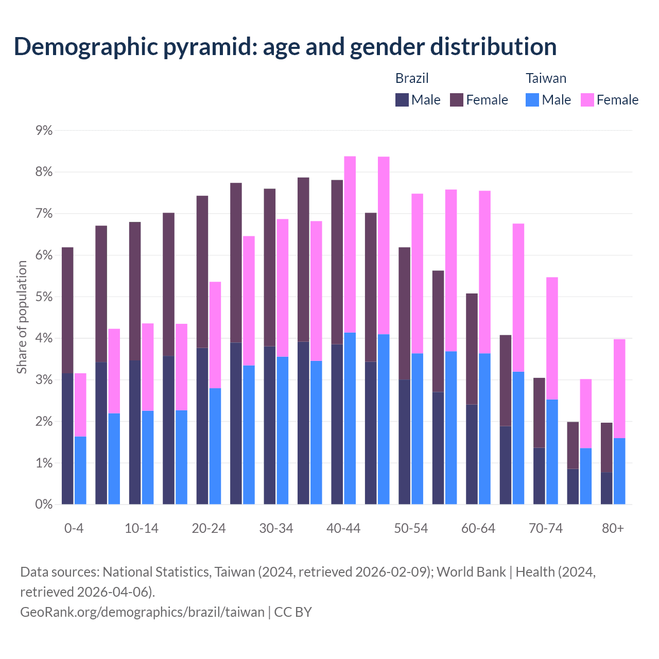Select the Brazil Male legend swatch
[402, 100]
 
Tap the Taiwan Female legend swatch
[587, 100]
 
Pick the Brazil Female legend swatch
[457, 100]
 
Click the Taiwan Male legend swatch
[532, 100]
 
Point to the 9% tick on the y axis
[44, 130]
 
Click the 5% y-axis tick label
[44, 297]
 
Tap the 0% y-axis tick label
[44, 505]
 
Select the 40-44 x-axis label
[343, 529]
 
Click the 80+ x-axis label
[613, 529]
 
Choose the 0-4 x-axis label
[74, 529]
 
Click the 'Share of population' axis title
[22, 317]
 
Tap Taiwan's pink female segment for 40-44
[350, 245]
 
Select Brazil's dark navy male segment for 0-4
[67, 439]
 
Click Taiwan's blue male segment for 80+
[619, 471]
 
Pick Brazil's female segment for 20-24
[202, 272]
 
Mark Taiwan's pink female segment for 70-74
[552, 338]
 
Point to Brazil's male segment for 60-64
[472, 454]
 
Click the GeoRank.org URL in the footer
[142, 612]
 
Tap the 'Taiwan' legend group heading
[546, 78]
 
